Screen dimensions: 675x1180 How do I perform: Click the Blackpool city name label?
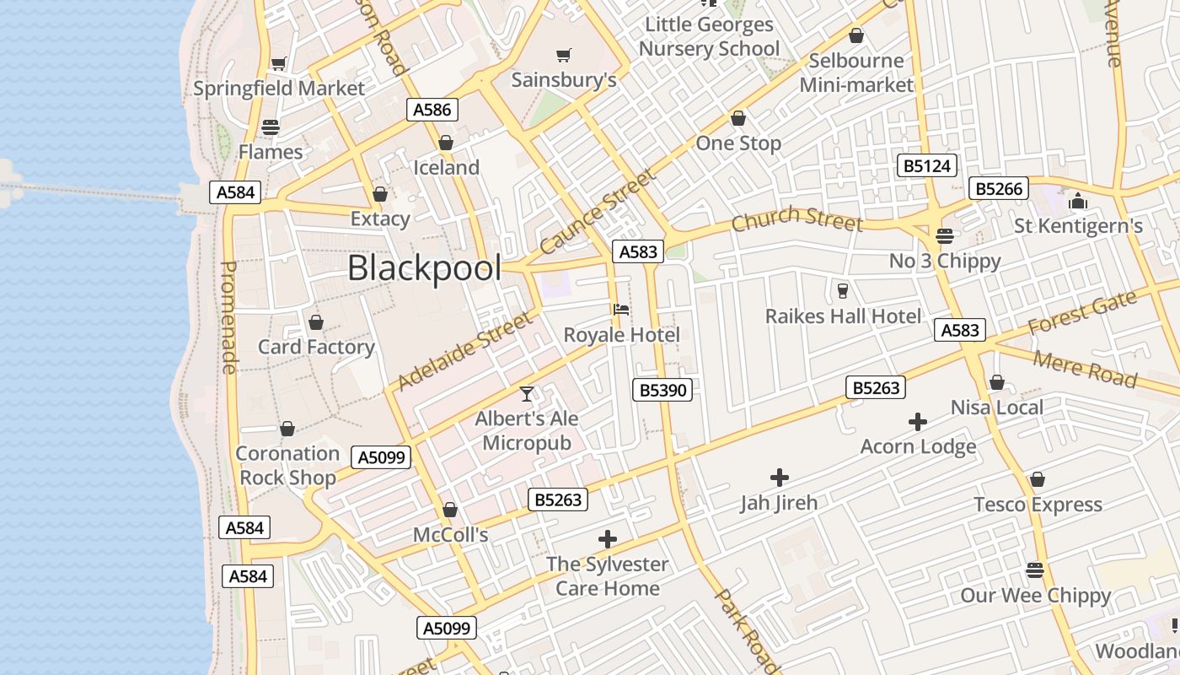424,268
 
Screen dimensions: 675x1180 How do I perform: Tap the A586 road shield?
433,109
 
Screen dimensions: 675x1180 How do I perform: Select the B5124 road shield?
927,165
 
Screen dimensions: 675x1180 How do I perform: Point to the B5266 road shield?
1000,188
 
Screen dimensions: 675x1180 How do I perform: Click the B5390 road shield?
662,389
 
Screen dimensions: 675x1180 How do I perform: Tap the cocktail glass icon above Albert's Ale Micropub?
527,393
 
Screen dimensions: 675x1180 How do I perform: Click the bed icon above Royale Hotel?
621,310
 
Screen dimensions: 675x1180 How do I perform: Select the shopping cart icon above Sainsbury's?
564,56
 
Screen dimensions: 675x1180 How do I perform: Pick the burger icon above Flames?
270,127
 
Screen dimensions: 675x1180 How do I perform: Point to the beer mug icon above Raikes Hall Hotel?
842,291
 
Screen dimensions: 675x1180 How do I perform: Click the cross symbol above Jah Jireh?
780,478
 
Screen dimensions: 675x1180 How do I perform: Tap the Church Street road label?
796,219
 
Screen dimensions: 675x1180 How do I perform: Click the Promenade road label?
228,316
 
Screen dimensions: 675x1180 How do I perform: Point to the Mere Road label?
1084,369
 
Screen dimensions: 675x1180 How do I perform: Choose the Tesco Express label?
1038,505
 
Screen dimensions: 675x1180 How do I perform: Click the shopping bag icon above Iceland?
446,143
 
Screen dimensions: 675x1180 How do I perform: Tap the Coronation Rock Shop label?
287,465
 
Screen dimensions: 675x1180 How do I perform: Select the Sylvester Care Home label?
607,575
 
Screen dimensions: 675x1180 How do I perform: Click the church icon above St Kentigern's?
1077,201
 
